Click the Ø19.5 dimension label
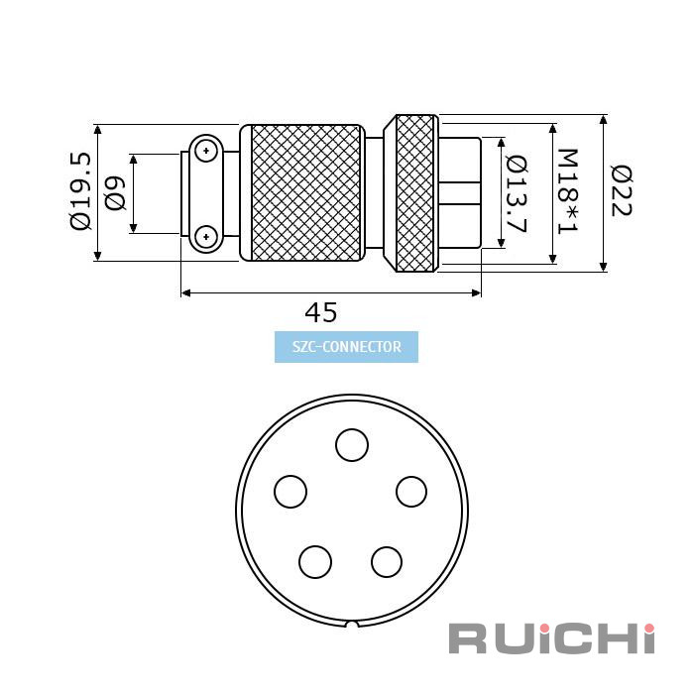point(80,191)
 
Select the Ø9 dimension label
point(115,193)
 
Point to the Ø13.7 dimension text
point(517,194)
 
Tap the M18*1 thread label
point(567,191)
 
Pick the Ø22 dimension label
point(621,190)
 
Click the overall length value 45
point(321,312)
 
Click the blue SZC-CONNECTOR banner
point(346,347)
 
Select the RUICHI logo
point(551,638)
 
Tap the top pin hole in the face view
point(352,445)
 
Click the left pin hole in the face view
point(290,492)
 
